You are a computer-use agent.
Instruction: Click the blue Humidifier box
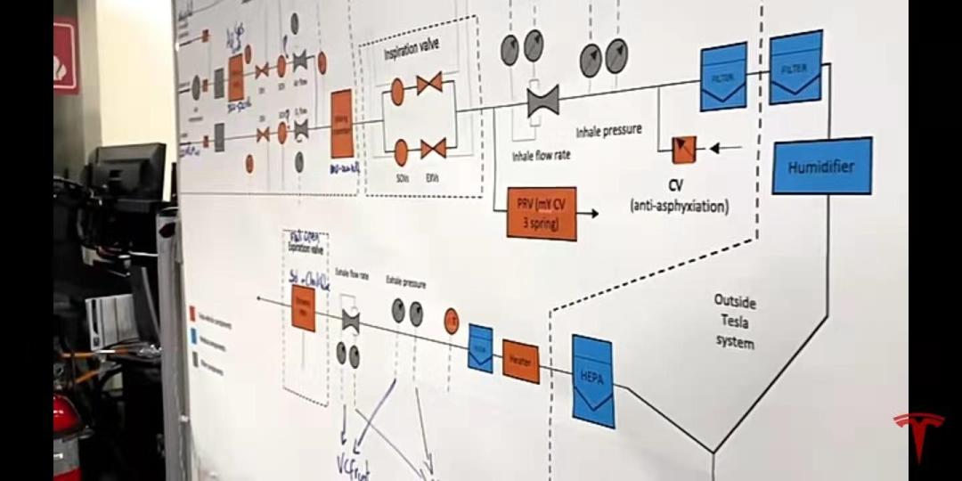click(820, 166)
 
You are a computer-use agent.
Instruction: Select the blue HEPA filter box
click(593, 380)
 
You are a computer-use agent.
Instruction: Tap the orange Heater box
click(521, 361)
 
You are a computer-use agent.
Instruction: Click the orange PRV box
click(542, 213)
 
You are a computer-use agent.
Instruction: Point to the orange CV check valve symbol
click(684, 149)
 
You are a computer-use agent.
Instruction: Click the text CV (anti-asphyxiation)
click(679, 198)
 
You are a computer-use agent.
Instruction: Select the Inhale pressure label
click(608, 131)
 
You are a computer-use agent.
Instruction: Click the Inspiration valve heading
click(412, 48)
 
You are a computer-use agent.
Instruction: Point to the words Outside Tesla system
click(735, 322)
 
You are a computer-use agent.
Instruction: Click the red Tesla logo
click(919, 435)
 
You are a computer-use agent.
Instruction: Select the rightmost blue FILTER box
click(795, 67)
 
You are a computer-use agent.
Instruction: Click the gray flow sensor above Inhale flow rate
click(542, 100)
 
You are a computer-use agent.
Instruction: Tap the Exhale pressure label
click(405, 282)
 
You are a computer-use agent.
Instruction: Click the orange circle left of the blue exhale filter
click(452, 320)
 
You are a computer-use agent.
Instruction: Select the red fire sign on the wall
click(65, 56)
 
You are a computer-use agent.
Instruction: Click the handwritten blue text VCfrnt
click(353, 463)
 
